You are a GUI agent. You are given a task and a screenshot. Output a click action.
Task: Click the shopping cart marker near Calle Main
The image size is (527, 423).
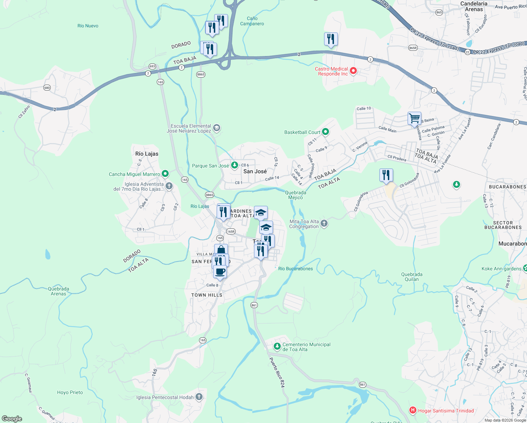(x=415, y=118)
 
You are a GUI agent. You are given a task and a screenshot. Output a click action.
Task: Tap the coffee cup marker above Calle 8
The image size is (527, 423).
(x=220, y=272)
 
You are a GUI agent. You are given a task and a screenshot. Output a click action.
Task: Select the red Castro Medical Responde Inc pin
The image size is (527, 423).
(x=353, y=71)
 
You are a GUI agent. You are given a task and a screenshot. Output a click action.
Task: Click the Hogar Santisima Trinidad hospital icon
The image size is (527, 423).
(x=413, y=410)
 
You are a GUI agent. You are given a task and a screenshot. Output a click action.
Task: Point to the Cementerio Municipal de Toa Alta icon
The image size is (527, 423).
(x=277, y=347)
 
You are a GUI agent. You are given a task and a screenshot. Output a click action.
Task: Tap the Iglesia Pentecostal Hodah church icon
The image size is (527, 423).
(x=199, y=397)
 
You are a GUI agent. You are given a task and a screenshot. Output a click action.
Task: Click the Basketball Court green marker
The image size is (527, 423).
(x=325, y=132)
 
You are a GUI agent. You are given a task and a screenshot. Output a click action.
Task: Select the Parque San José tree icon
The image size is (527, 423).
(x=234, y=165)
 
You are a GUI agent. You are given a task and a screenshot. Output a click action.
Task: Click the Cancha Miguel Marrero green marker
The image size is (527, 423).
(x=165, y=174)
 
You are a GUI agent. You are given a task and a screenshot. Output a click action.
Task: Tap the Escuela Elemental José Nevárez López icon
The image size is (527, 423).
(x=217, y=128)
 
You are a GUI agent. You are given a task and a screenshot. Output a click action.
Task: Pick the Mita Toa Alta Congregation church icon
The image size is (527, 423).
(x=324, y=223)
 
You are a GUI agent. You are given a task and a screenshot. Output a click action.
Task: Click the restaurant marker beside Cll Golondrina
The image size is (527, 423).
(x=386, y=175)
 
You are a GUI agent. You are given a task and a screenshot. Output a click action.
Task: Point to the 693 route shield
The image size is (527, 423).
(x=152, y=66)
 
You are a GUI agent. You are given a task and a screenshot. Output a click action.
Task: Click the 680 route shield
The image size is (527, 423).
(x=47, y=87)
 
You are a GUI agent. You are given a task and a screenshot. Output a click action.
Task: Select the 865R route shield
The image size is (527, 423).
(x=413, y=48)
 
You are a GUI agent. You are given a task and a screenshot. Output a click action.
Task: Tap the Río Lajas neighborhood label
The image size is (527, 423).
(x=147, y=154)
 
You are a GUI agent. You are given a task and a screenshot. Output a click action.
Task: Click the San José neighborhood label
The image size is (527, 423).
(x=255, y=171)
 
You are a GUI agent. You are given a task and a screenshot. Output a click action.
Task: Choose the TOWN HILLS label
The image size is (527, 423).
(x=207, y=295)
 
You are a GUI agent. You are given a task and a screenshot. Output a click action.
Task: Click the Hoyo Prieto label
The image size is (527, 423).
(x=70, y=392)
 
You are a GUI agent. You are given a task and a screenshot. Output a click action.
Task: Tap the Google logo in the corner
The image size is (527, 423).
(x=12, y=418)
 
